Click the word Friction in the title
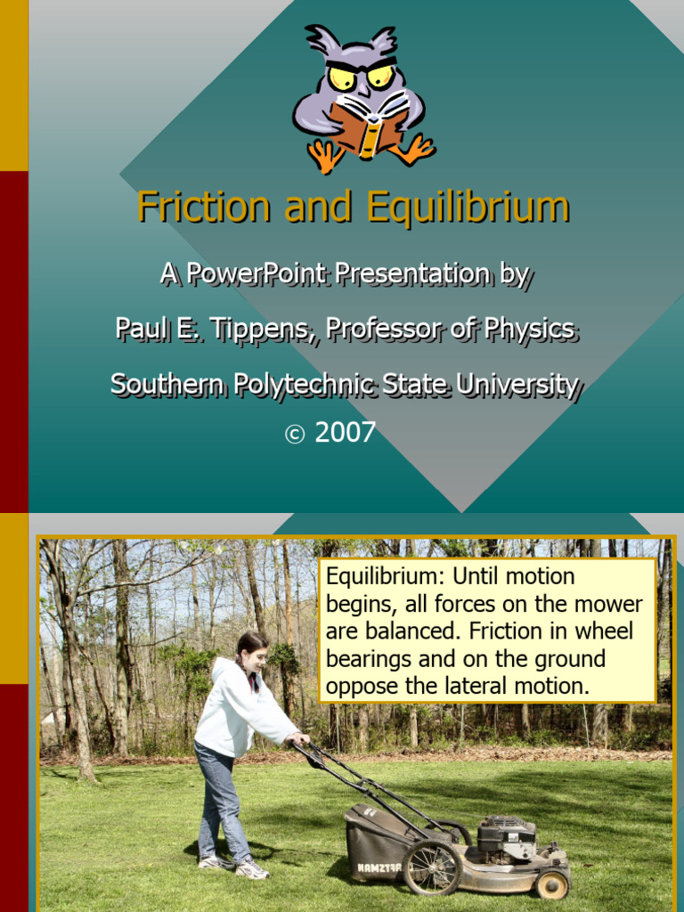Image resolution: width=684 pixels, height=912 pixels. pyautogui.click(x=203, y=208)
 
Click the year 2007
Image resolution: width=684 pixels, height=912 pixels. pyautogui.click(x=346, y=433)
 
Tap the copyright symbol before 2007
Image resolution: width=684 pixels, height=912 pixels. pyautogui.click(x=294, y=435)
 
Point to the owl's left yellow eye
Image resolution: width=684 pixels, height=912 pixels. pyautogui.click(x=342, y=77)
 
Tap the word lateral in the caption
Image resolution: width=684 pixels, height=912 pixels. pyautogui.click(x=466, y=686)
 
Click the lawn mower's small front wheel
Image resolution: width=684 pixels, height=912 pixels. pyautogui.click(x=552, y=884)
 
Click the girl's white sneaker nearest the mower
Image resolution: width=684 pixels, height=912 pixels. pyautogui.click(x=252, y=869)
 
